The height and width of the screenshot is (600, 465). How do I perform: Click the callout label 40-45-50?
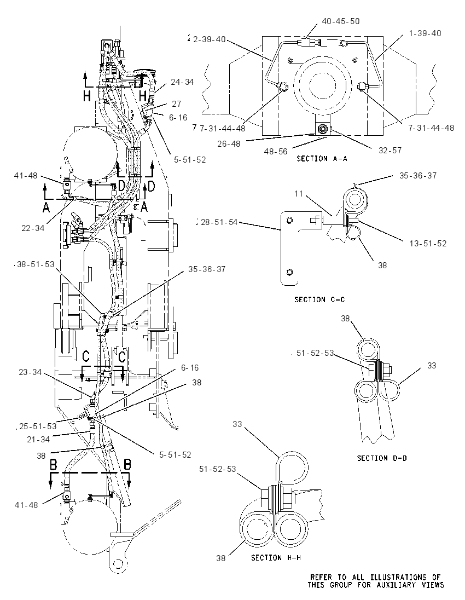(x=340, y=21)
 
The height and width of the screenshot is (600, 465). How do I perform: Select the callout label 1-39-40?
(x=425, y=33)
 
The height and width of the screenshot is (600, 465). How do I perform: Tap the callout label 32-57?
(x=390, y=151)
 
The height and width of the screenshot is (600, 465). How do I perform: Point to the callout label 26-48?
(x=229, y=143)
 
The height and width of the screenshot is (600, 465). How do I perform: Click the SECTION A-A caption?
(x=322, y=158)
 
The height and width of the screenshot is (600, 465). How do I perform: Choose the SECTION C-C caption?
(x=319, y=299)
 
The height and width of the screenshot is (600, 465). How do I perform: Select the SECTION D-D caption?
(x=382, y=458)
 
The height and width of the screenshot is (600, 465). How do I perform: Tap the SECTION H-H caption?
(x=276, y=557)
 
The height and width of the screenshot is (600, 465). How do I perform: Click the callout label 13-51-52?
(x=428, y=244)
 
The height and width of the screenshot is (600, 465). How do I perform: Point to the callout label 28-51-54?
(x=219, y=222)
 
